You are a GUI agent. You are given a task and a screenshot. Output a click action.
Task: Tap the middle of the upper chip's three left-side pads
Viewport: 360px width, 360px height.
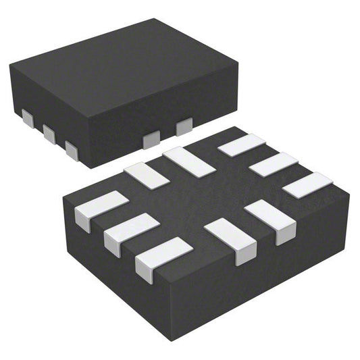point(49,133)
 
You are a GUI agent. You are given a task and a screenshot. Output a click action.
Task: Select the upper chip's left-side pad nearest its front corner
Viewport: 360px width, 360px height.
point(72,149)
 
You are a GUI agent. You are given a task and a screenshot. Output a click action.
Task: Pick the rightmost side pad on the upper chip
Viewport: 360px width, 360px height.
point(184,126)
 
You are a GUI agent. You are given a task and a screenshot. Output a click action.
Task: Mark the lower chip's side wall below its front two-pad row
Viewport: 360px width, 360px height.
point(270,270)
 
